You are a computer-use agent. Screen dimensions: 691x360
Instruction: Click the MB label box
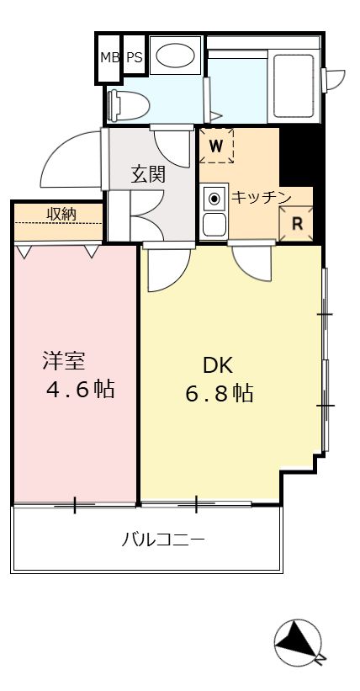pyautogui.click(x=109, y=58)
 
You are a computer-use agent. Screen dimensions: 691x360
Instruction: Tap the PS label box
pyautogui.click(x=134, y=58)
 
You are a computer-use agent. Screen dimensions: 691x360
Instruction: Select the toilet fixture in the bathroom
pyautogui.click(x=130, y=104)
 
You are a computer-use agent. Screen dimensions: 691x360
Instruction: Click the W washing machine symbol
pyautogui.click(x=216, y=146)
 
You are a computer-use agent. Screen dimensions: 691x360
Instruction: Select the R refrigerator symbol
pyautogui.click(x=296, y=224)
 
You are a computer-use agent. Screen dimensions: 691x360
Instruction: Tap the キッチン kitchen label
pyautogui.click(x=261, y=197)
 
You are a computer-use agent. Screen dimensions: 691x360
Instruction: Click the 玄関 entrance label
pyautogui.click(x=148, y=174)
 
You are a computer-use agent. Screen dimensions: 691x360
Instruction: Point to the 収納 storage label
pyautogui.click(x=61, y=214)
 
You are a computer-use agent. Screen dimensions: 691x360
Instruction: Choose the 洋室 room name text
pyautogui.click(x=64, y=363)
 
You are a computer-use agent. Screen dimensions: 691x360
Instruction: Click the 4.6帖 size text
pyautogui.click(x=80, y=391)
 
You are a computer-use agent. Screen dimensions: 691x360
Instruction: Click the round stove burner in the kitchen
pyautogui.click(x=214, y=199)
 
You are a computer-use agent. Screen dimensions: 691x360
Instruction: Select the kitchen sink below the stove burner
pyautogui.click(x=214, y=225)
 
